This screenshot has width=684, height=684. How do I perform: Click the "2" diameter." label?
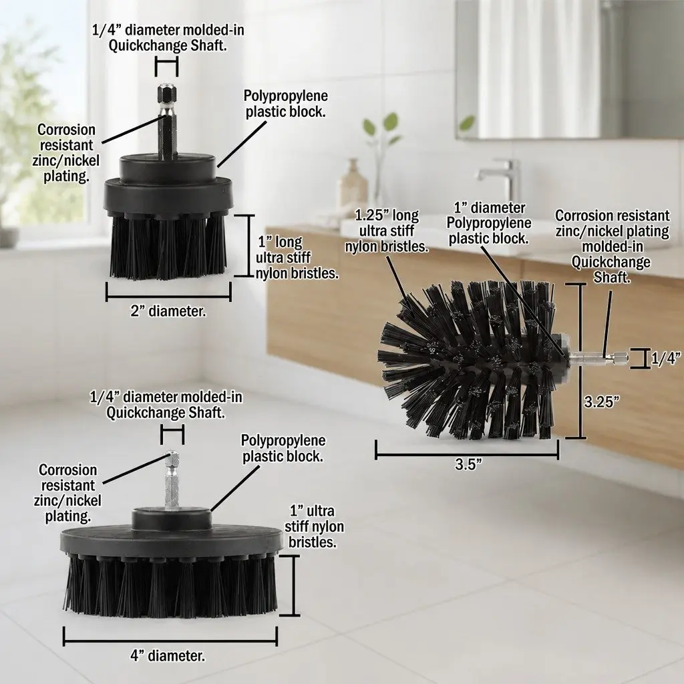pos(168,311)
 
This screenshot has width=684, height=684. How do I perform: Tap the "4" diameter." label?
pos(168,656)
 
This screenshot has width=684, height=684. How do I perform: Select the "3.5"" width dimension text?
pos(468,464)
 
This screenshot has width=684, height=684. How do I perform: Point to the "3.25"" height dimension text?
pos(602,401)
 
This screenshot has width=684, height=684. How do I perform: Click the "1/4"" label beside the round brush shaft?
pos(666,358)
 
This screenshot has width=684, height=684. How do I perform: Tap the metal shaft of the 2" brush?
pos(168,122)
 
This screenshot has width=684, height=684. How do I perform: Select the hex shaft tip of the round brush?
pos(620,359)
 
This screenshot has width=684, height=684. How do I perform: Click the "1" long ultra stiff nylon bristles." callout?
pos(297,257)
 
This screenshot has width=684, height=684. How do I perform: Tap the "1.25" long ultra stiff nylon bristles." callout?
pos(387,230)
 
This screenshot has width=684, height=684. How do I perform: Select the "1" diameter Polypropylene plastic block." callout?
pos(488,223)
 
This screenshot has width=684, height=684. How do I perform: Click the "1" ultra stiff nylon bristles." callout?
pos(314,526)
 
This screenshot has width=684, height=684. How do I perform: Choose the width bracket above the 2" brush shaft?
pos(167,67)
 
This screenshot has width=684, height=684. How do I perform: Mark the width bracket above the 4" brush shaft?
pos(172,435)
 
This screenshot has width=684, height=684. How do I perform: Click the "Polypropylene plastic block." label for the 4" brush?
pos(283,448)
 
